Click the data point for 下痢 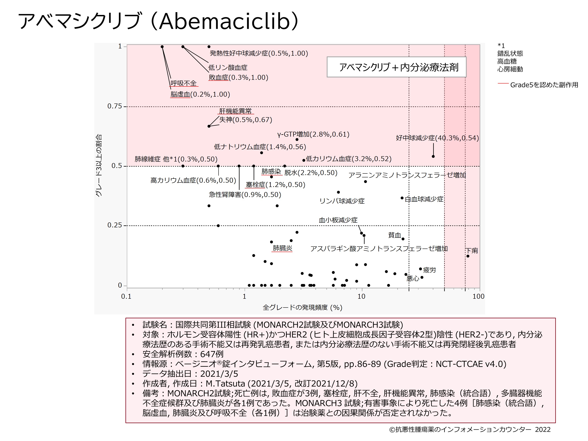tap(468, 256)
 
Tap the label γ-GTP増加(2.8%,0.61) tap(313, 134)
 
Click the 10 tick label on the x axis tap(361, 296)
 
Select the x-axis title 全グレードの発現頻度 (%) tap(302, 308)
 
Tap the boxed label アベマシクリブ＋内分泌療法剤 tap(396, 67)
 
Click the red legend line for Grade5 tap(503, 83)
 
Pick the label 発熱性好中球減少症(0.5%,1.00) tap(259, 54)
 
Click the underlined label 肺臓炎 tap(282, 248)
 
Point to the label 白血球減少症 tap(424, 199)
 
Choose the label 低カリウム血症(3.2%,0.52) tap(348, 159)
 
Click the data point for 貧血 tap(403, 239)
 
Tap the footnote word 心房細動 tap(510, 69)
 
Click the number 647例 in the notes tap(212, 354)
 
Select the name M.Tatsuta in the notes tap(225, 384)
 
